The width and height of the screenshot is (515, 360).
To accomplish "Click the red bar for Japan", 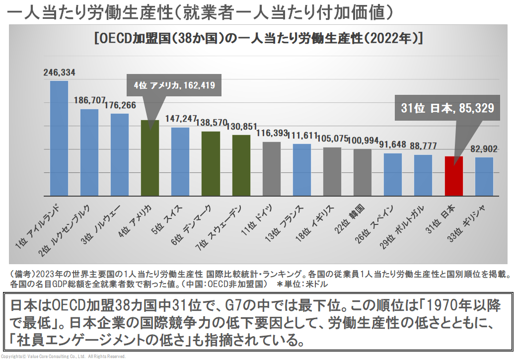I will tap(453, 176).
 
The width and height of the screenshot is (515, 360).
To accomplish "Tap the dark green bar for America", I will tap(150, 158).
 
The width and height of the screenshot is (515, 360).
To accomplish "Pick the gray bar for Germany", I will tap(271, 169).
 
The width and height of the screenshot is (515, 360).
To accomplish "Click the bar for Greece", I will tap(484, 176).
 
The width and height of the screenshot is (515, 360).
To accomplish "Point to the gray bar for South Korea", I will tap(363, 172).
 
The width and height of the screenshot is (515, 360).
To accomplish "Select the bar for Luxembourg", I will tap(89, 152).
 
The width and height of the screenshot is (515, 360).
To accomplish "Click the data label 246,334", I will tap(60, 73).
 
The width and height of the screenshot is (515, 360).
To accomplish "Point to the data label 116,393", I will tap(272, 133).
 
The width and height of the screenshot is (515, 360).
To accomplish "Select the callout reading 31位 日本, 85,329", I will tap(447, 109).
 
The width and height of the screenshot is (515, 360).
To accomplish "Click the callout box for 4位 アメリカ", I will tap(174, 85).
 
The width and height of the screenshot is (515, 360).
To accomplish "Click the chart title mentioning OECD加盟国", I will tap(258, 39).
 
